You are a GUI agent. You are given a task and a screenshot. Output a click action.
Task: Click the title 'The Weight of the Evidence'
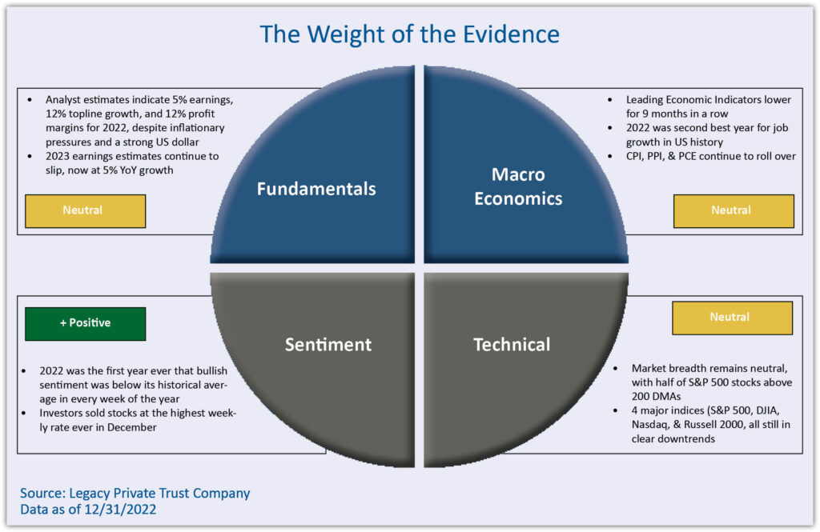pos(409,34)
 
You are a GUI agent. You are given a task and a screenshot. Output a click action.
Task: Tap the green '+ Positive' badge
pos(85,323)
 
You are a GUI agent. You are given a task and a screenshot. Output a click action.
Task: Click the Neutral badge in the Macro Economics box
pos(733,210)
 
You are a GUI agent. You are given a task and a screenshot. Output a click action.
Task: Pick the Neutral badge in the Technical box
pos(731,318)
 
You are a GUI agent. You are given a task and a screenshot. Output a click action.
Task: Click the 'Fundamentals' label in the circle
pos(316,189)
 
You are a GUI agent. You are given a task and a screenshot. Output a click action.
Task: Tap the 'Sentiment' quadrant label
pos(328,344)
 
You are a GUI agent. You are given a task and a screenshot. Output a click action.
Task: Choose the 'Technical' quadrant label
pos(512,344)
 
